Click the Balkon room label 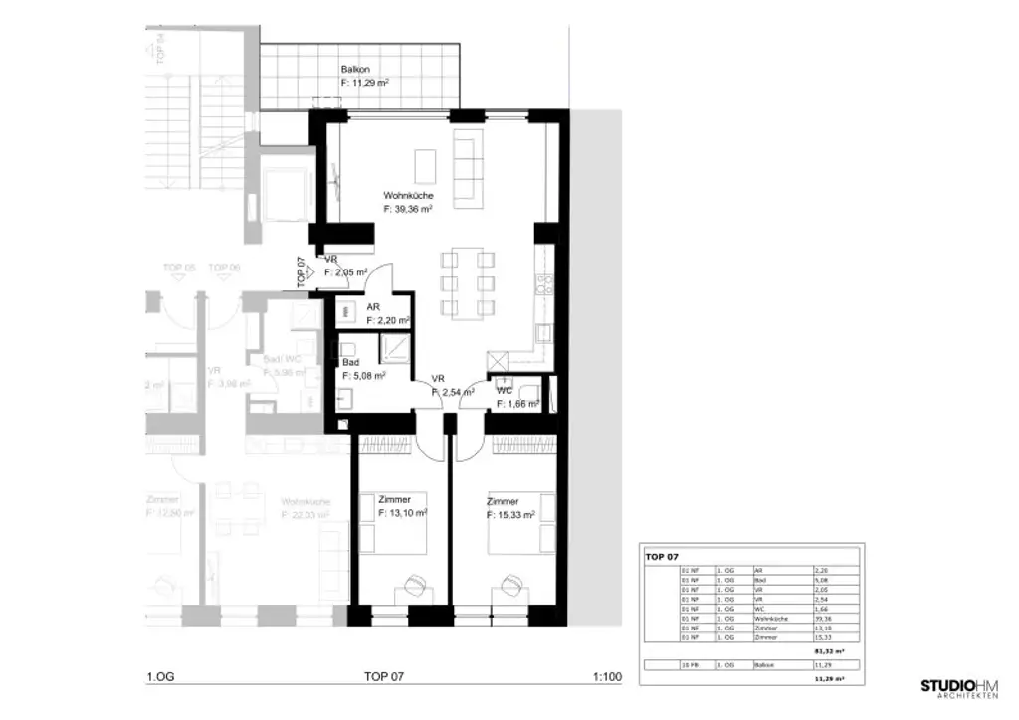tap(356, 70)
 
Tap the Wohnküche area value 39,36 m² tap(408, 210)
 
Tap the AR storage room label tap(373, 308)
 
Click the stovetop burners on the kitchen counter tap(544, 285)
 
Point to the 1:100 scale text tap(606, 677)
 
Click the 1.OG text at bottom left tap(159, 677)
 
